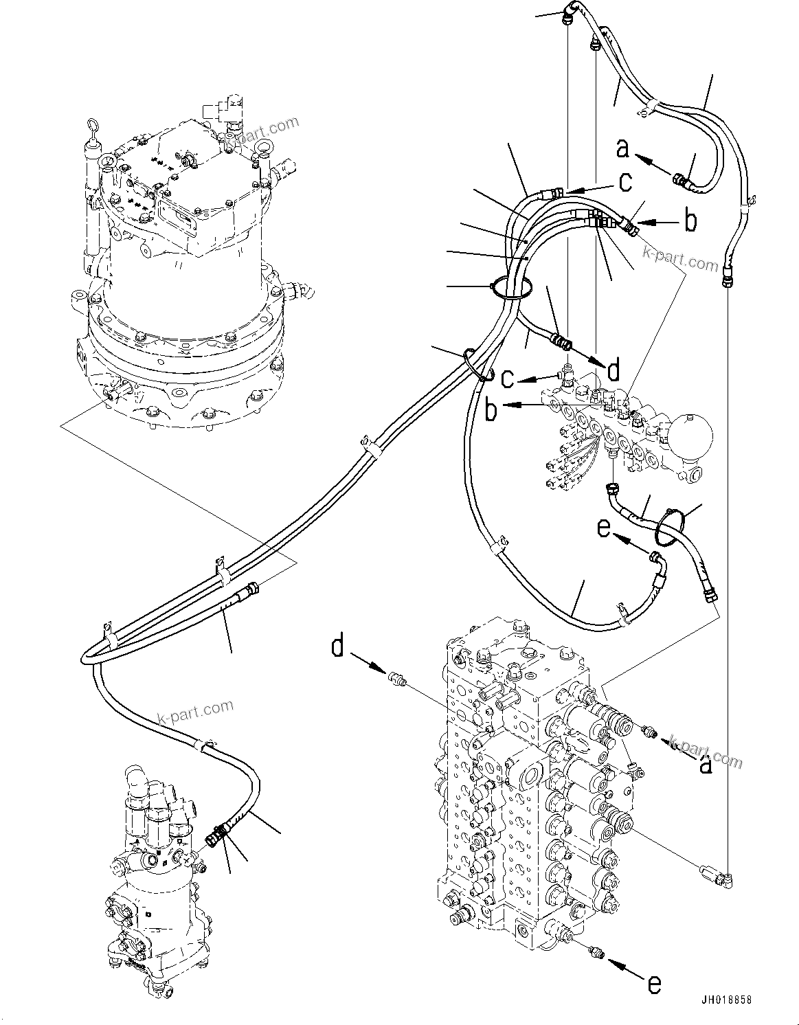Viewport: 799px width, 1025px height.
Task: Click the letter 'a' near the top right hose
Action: (622, 148)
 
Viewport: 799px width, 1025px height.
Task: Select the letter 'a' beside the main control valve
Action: (704, 764)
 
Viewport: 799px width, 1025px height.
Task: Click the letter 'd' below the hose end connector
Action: (614, 371)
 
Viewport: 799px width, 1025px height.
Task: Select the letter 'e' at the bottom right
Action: (654, 984)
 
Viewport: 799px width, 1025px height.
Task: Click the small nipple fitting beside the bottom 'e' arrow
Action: (596, 951)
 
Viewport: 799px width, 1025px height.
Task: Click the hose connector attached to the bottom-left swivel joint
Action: (216, 837)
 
